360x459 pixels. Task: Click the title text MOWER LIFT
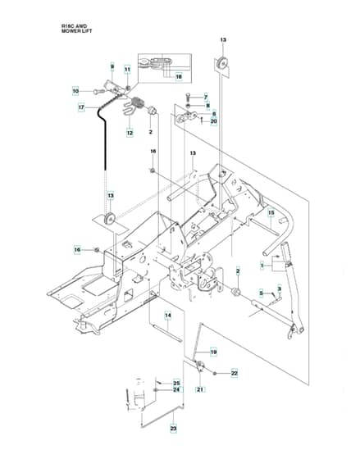click(76, 31)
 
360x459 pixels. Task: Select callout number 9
click(112, 67)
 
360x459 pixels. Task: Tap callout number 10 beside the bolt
click(75, 91)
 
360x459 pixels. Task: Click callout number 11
click(127, 70)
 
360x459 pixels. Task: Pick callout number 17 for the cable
click(81, 107)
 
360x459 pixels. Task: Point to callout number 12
click(130, 133)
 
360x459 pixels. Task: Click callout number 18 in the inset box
click(179, 77)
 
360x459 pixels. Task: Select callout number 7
click(206, 98)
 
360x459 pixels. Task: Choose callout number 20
click(214, 121)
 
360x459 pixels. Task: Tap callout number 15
click(271, 212)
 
